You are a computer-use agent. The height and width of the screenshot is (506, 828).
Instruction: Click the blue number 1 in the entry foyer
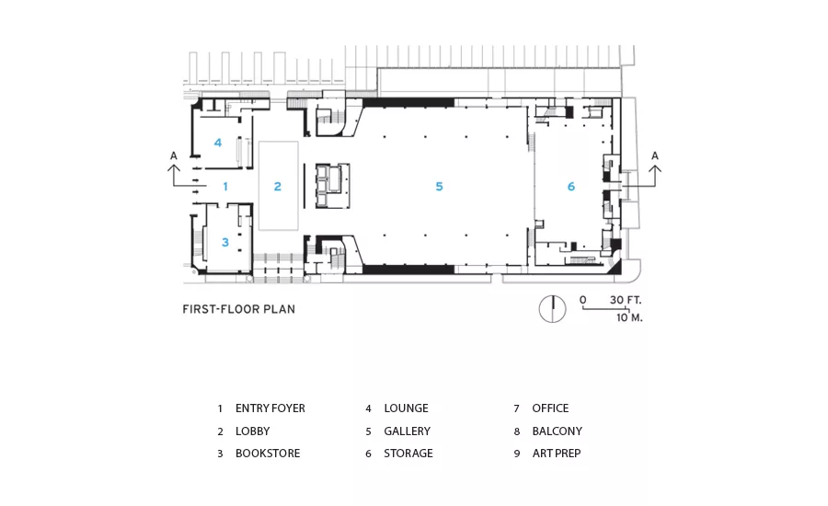(225, 187)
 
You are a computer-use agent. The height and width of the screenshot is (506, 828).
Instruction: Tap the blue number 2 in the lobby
(278, 187)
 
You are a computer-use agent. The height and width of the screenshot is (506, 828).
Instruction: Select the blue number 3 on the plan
(225, 243)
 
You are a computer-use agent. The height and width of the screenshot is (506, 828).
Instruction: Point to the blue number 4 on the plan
(217, 143)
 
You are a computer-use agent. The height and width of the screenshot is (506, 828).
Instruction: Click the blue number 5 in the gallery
(439, 187)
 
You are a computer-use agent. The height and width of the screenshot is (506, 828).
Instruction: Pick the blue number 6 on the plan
(570, 187)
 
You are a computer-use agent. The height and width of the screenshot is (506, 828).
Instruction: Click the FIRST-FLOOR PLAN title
(238, 309)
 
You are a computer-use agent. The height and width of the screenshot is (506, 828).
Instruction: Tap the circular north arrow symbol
(552, 309)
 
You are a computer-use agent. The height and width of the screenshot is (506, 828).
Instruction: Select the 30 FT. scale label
(626, 300)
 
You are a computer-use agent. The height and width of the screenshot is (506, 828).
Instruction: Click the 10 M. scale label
(629, 317)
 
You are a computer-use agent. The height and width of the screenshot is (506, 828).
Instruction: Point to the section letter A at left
(174, 155)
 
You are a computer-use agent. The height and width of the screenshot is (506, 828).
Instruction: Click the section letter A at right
(655, 155)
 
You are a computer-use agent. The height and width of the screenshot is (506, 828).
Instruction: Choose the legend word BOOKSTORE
(268, 454)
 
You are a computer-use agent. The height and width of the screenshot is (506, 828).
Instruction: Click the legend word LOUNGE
(406, 408)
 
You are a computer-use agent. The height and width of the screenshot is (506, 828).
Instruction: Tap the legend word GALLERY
(408, 431)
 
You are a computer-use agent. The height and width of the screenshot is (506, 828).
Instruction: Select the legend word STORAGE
(408, 454)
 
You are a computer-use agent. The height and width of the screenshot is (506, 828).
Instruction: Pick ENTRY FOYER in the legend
(270, 408)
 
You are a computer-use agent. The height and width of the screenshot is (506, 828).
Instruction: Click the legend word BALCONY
(558, 431)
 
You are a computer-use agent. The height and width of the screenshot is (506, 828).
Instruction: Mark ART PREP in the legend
(557, 454)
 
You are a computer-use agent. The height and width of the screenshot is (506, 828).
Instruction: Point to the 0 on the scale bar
(583, 300)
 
